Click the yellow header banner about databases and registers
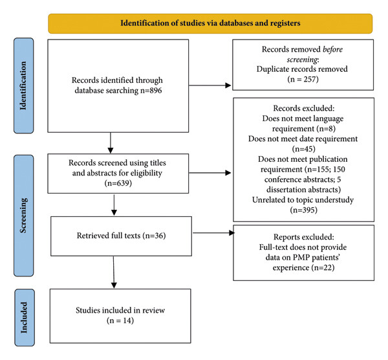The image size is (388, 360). coord(210,23)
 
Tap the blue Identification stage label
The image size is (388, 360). coord(23,85)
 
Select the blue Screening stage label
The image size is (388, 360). coord(23,216)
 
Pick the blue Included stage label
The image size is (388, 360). coord(25,317)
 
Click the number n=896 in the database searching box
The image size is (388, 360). coord(151,91)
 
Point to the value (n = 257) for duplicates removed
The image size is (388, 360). coord(303,79)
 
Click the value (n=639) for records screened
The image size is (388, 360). coord(118,183)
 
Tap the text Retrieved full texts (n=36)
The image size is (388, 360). coord(122,236)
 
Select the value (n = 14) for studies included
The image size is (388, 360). coord(120,321)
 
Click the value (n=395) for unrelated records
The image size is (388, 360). coord(304,210)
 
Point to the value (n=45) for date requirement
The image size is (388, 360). coord(304,149)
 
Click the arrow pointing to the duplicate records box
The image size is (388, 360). coord(210,85)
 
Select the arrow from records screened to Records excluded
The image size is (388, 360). coord(210,173)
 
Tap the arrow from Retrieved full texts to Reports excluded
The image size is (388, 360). coord(214,232)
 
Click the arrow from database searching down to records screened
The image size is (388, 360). coord(111,143)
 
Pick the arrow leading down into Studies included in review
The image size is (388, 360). coord(114,273)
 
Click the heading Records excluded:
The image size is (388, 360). coord(304,108)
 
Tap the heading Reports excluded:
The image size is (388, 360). coord(304,237)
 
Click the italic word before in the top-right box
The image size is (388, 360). coord(333,49)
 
